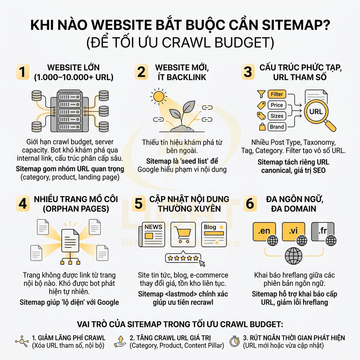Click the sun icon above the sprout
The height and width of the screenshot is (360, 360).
158,96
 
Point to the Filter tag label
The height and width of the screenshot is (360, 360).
277,94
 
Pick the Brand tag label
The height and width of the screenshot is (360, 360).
277,127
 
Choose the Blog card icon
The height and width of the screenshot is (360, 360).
214,234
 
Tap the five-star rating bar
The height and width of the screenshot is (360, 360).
183,258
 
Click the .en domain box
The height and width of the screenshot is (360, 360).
265,231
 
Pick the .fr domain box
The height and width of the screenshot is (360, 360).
322,231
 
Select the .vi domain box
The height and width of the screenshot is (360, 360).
294,231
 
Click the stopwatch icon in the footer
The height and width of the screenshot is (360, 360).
234,341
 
